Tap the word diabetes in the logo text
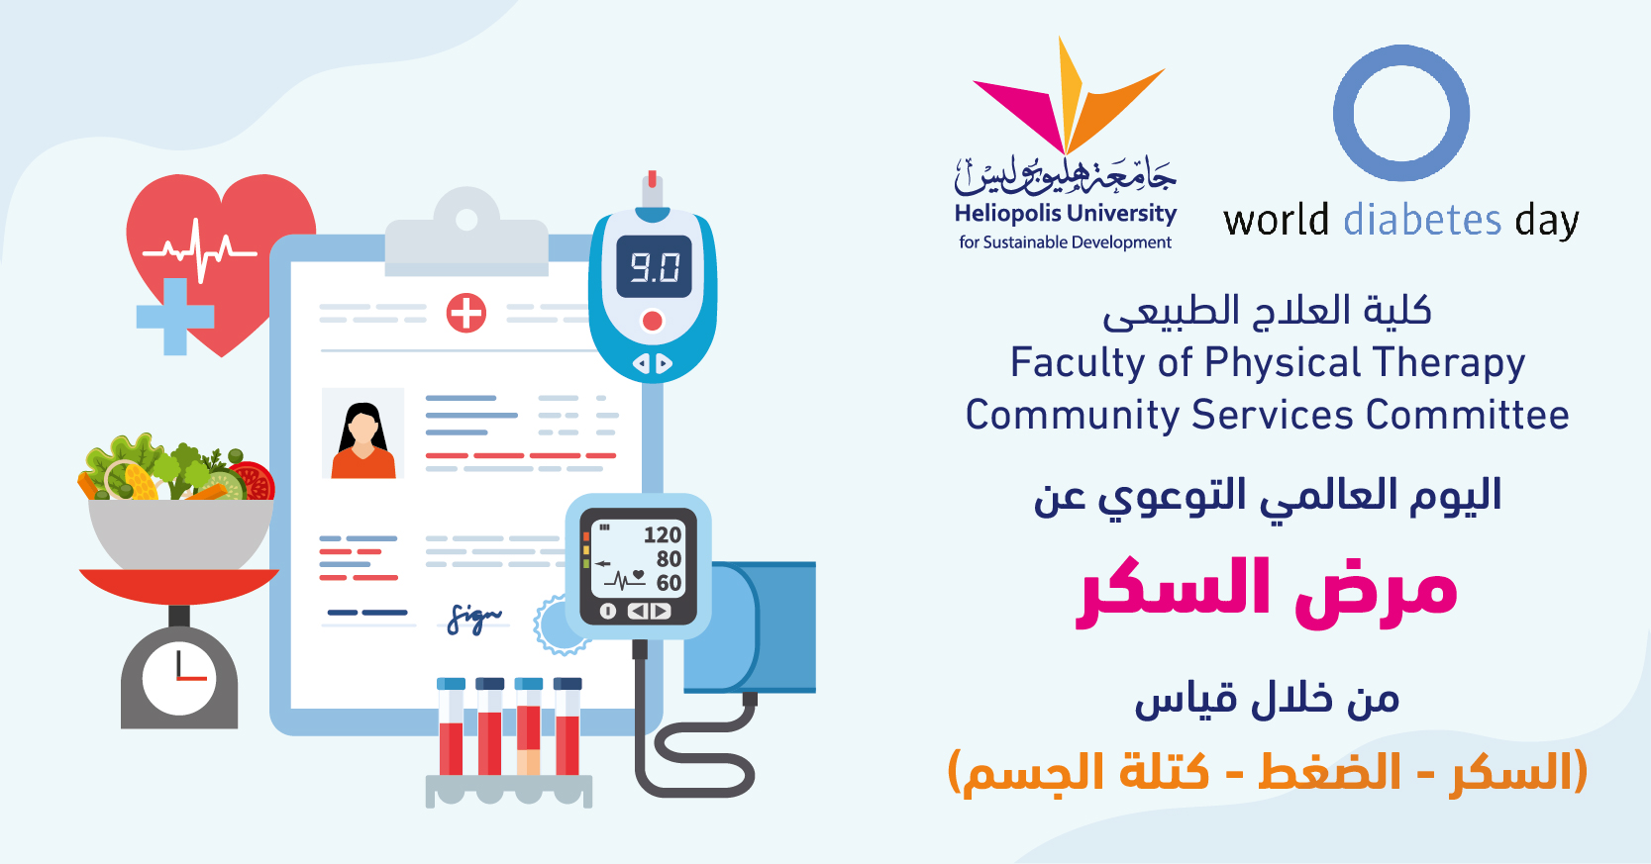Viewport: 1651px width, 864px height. (x=1422, y=221)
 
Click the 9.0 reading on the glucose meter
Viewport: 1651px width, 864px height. (x=654, y=266)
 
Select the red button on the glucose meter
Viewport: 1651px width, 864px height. (x=653, y=321)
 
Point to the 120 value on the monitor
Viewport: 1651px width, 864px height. (x=662, y=534)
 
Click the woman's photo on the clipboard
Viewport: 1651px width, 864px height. (x=362, y=433)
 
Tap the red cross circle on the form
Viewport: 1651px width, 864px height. (x=465, y=313)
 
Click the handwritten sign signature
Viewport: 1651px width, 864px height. (x=474, y=618)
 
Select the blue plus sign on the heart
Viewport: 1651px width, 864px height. (x=175, y=317)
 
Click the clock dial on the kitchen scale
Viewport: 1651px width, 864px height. (x=179, y=678)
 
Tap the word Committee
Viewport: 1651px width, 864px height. (x=1468, y=415)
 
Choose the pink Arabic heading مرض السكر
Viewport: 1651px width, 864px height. (x=1267, y=592)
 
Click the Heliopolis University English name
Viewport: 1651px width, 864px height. (x=1065, y=214)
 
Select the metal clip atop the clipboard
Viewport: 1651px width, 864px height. (x=466, y=232)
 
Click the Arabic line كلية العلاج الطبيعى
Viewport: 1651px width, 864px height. (x=1267, y=310)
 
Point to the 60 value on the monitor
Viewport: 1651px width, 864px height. (x=669, y=583)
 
